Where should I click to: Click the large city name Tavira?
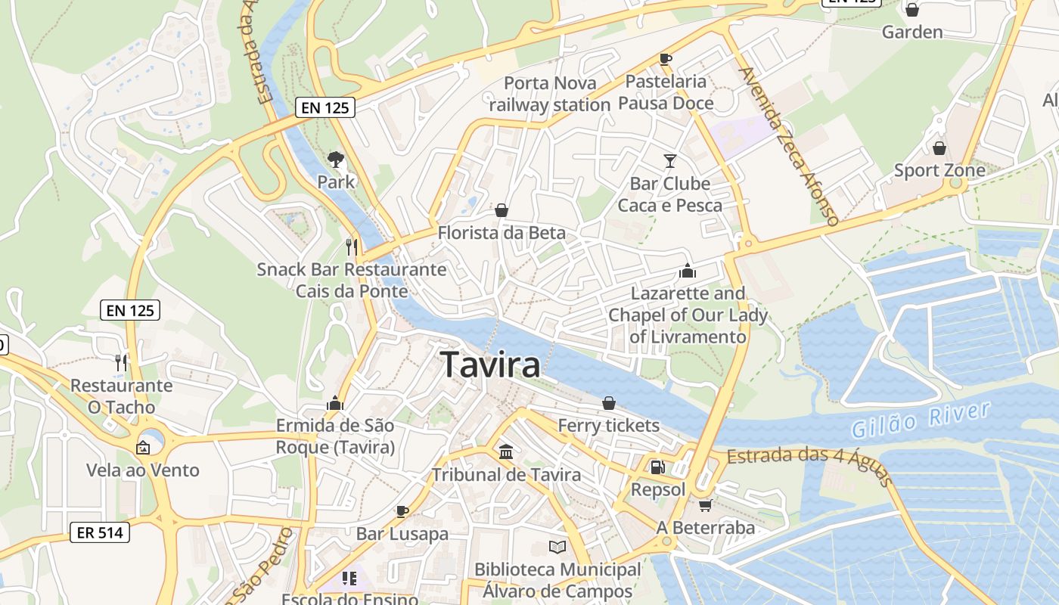coord(490,365)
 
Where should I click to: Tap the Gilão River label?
coord(921,420)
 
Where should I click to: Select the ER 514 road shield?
coord(100,532)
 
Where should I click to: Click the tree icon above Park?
coord(335,160)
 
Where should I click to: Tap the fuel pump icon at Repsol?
coord(657,467)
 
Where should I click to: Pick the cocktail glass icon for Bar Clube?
coord(669,160)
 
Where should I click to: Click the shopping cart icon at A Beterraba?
coord(705,505)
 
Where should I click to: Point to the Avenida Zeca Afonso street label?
coord(789,146)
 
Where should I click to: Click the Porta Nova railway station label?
coord(550,94)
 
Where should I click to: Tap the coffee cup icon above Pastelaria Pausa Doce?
coord(666,59)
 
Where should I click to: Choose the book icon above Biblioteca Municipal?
coord(557,547)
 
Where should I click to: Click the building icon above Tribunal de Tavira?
coord(506,452)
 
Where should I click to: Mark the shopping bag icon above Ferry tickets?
coord(608,403)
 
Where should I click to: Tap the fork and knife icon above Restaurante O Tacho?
coord(120,362)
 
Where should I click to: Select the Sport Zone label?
coord(939,170)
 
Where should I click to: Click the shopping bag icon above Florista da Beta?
coord(501,209)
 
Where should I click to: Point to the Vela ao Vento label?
coord(143,470)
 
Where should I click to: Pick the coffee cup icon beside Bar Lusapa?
coord(402,511)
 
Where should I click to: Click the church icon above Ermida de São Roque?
coord(335,403)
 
